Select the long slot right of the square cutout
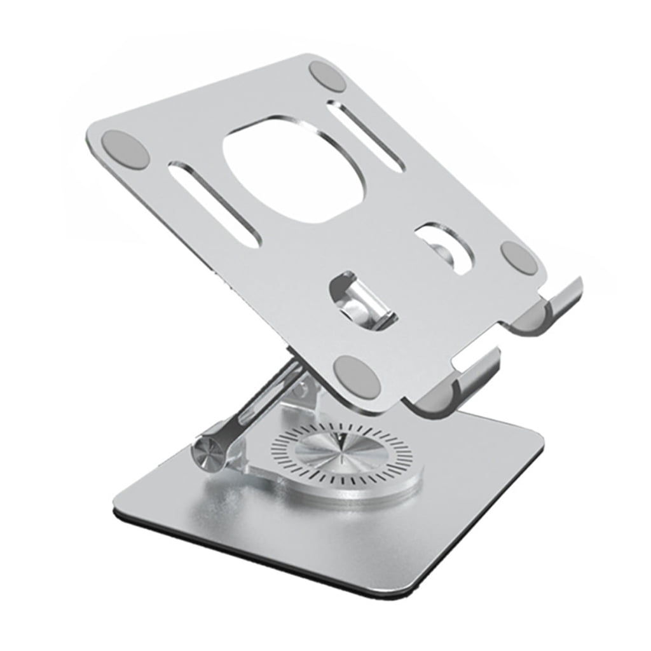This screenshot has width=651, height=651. (x=366, y=136)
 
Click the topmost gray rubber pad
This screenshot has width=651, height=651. (x=327, y=77)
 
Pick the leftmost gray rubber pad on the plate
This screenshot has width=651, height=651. (x=125, y=149)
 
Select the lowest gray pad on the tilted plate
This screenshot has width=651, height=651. (x=357, y=376)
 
